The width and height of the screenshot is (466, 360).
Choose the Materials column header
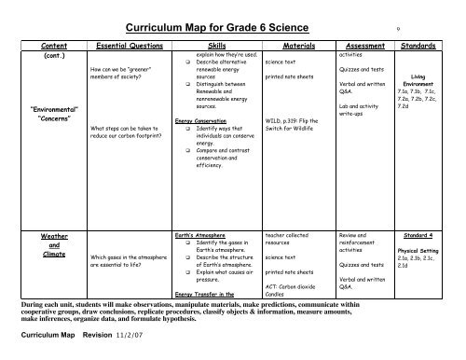[293, 44]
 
